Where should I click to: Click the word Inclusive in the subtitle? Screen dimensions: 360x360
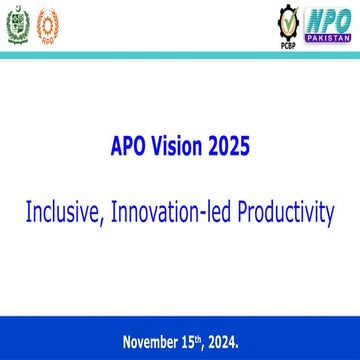tap(63, 211)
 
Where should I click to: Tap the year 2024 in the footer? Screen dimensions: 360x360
tap(223, 342)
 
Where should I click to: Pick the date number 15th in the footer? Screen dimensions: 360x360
tap(192, 342)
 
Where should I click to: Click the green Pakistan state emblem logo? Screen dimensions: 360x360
tap(18, 24)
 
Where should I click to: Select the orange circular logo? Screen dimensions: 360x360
tap(47, 24)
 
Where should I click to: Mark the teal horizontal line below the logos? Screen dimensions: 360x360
tap(180, 57)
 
